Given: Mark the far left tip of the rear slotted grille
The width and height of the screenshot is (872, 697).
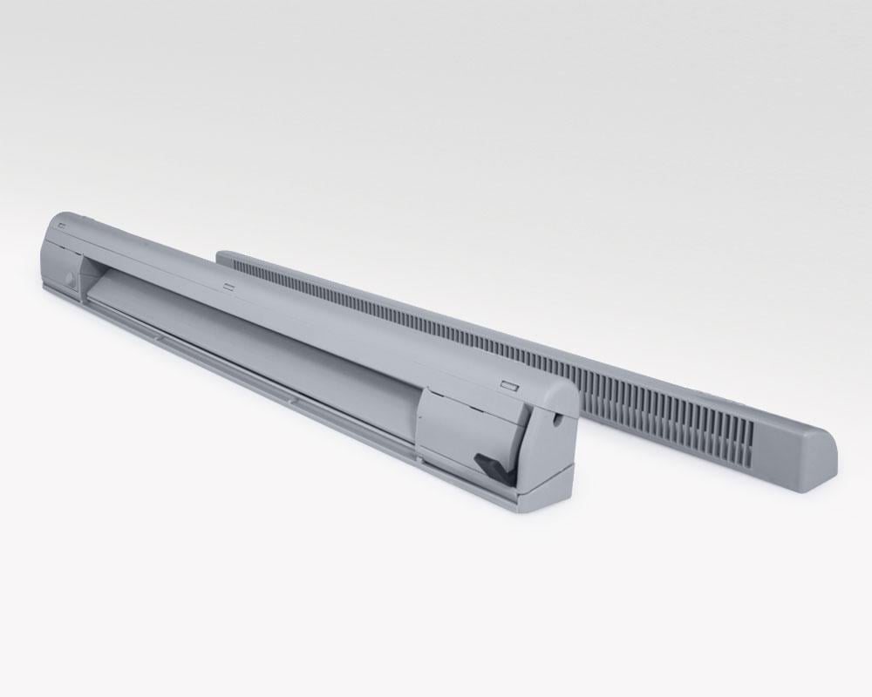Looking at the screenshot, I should (220, 255).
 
